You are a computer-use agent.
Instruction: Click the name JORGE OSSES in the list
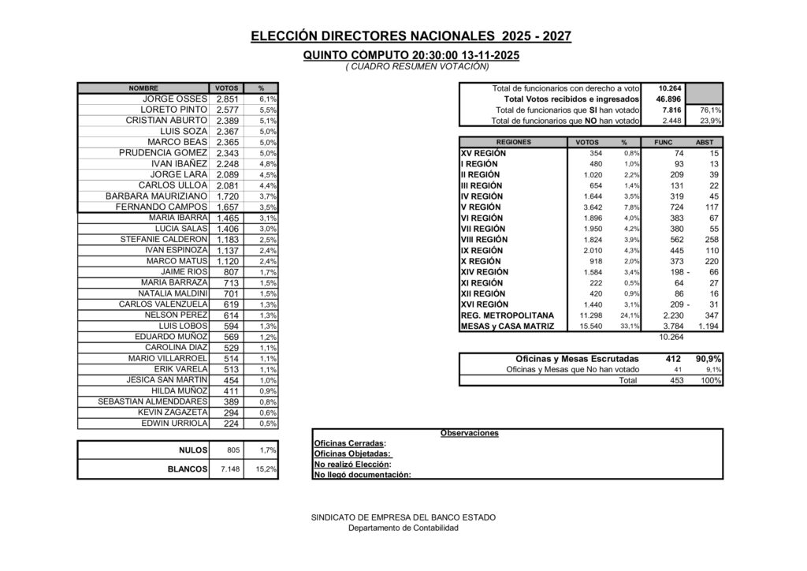point(174,99)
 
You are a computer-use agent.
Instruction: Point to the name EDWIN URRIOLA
point(174,423)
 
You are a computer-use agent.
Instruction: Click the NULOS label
point(193,450)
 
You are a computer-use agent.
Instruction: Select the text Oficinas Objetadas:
point(352,453)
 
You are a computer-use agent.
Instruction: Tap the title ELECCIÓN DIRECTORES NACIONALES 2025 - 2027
point(411,36)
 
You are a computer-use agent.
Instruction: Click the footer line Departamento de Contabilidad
point(403,528)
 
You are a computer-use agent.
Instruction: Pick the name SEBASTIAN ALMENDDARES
point(153,401)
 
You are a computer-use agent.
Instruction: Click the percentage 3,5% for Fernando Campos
point(267,207)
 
